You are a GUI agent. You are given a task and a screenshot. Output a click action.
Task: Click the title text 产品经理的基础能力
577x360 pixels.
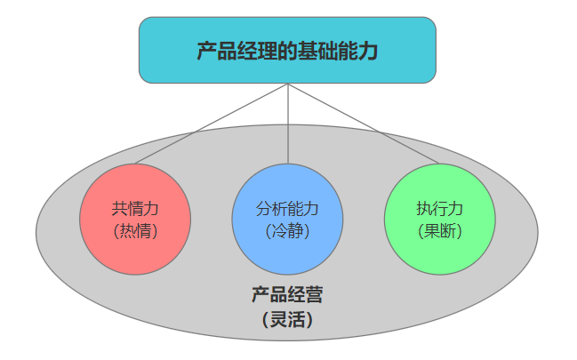(287, 51)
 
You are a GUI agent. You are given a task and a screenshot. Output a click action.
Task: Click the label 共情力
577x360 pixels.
(135, 209)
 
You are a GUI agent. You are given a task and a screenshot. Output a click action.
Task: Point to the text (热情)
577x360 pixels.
(135, 230)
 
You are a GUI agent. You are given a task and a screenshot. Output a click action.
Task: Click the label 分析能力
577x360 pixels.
(287, 209)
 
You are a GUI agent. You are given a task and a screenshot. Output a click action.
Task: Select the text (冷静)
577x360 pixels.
(287, 230)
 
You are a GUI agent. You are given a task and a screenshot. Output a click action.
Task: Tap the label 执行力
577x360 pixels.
(439, 209)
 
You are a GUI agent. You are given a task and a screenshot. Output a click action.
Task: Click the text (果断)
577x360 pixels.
(439, 230)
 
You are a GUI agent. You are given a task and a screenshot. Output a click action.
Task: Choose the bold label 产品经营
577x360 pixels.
(286, 294)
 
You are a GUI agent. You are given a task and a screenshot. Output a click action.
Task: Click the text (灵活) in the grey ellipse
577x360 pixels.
(286, 318)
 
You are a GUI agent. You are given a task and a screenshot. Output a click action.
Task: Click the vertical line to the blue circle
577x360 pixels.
(288, 124)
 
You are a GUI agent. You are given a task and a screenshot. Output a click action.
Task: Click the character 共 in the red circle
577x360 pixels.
(119, 209)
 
